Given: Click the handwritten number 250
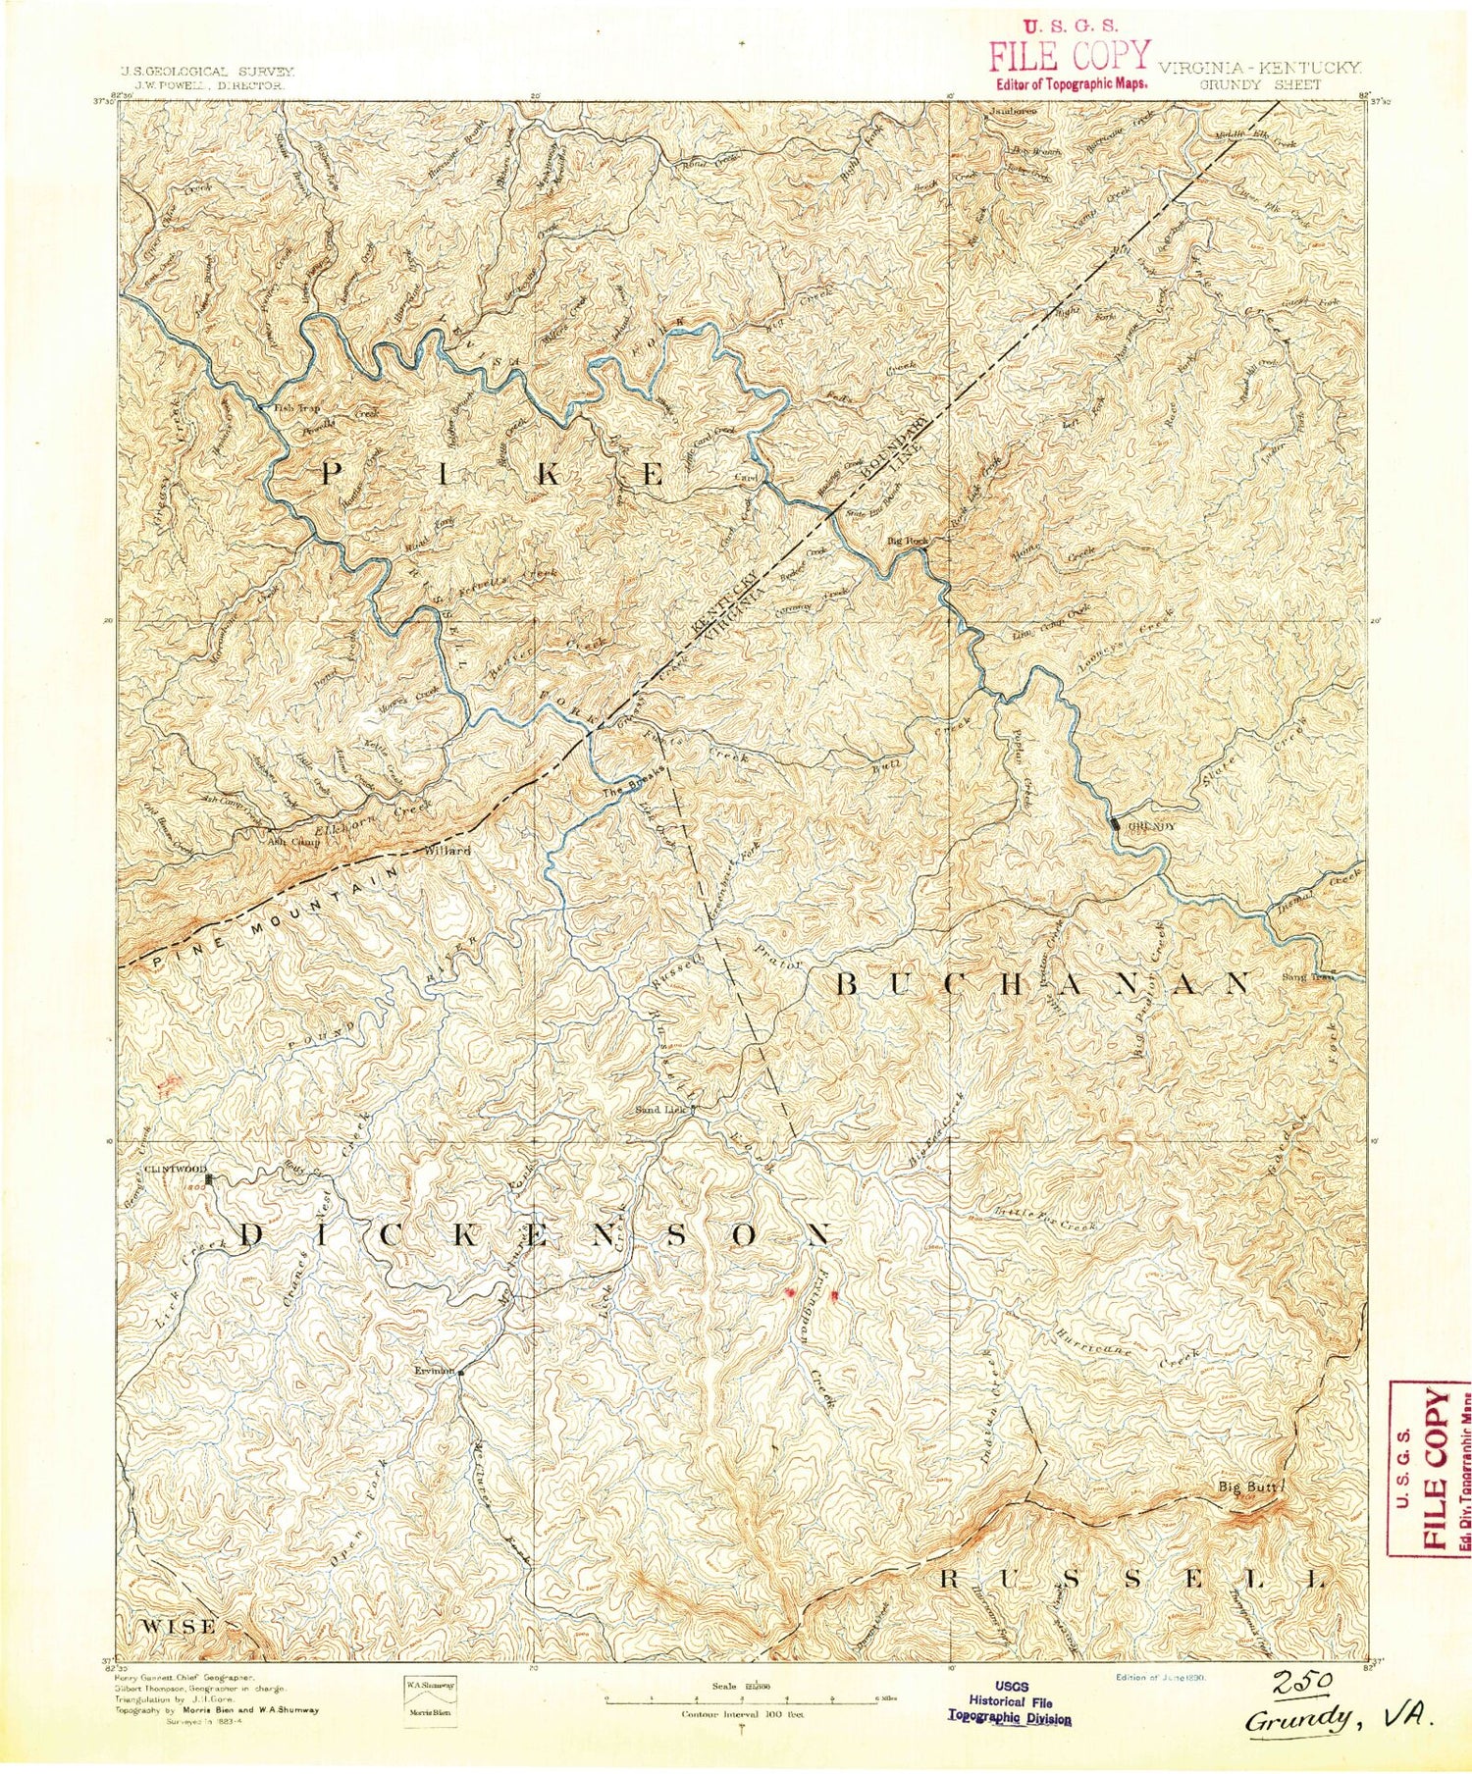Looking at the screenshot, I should (1300, 1678).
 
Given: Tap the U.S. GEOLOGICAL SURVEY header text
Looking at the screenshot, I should (207, 72).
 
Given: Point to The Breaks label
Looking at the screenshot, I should (626, 792).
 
